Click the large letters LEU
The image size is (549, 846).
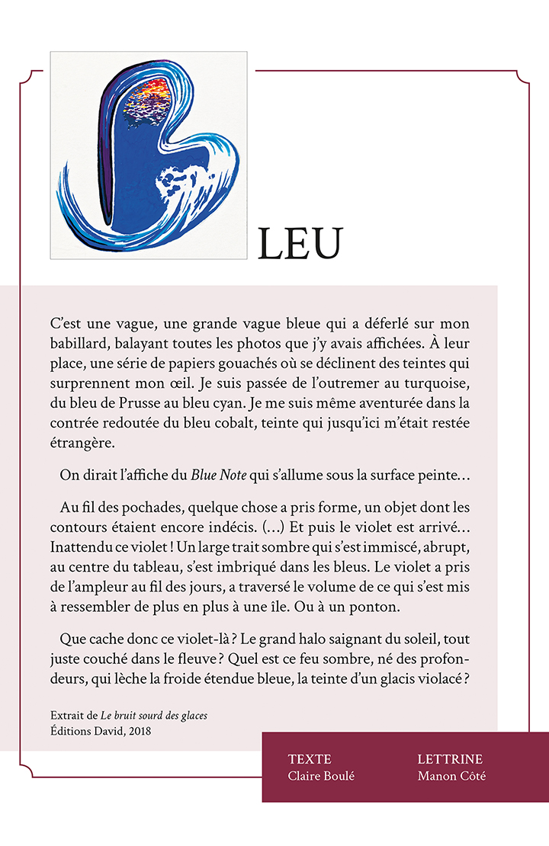[x=300, y=243]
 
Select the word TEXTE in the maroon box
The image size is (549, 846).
[x=310, y=759]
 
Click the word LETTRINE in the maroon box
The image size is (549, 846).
[x=450, y=759]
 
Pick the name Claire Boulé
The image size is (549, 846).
[x=321, y=776]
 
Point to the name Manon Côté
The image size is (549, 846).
[x=451, y=776]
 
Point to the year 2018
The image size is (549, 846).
[x=138, y=731]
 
